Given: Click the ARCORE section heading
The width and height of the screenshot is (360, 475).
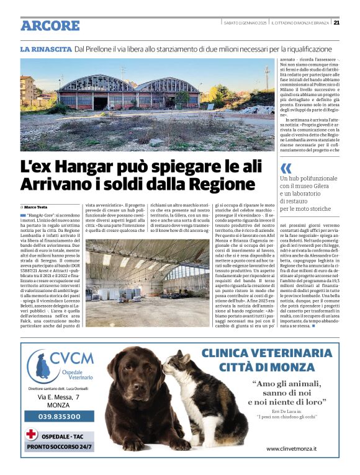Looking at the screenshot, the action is click(50, 25).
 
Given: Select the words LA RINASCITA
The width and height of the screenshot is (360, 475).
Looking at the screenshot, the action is click(45, 48).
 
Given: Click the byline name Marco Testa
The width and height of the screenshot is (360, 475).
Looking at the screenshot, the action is click(38, 206).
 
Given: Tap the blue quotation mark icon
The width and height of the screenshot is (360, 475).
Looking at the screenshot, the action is click(286, 168).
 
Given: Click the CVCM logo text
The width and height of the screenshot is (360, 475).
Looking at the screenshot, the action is click(72, 358).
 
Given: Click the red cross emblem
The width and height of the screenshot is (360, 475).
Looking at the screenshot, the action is click(31, 434).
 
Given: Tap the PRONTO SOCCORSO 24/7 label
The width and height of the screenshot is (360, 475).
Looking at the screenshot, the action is click(60, 446).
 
